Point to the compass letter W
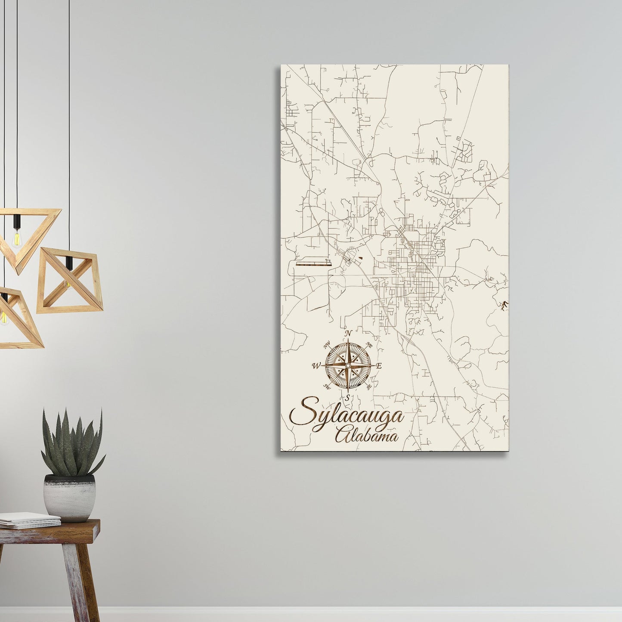pos(316,366)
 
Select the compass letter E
pos(379,366)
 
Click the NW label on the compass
pos(327,343)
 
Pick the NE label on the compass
pos(369,344)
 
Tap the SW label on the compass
pos(327,386)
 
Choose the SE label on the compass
pos(369,387)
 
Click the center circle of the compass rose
pos(348,365)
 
